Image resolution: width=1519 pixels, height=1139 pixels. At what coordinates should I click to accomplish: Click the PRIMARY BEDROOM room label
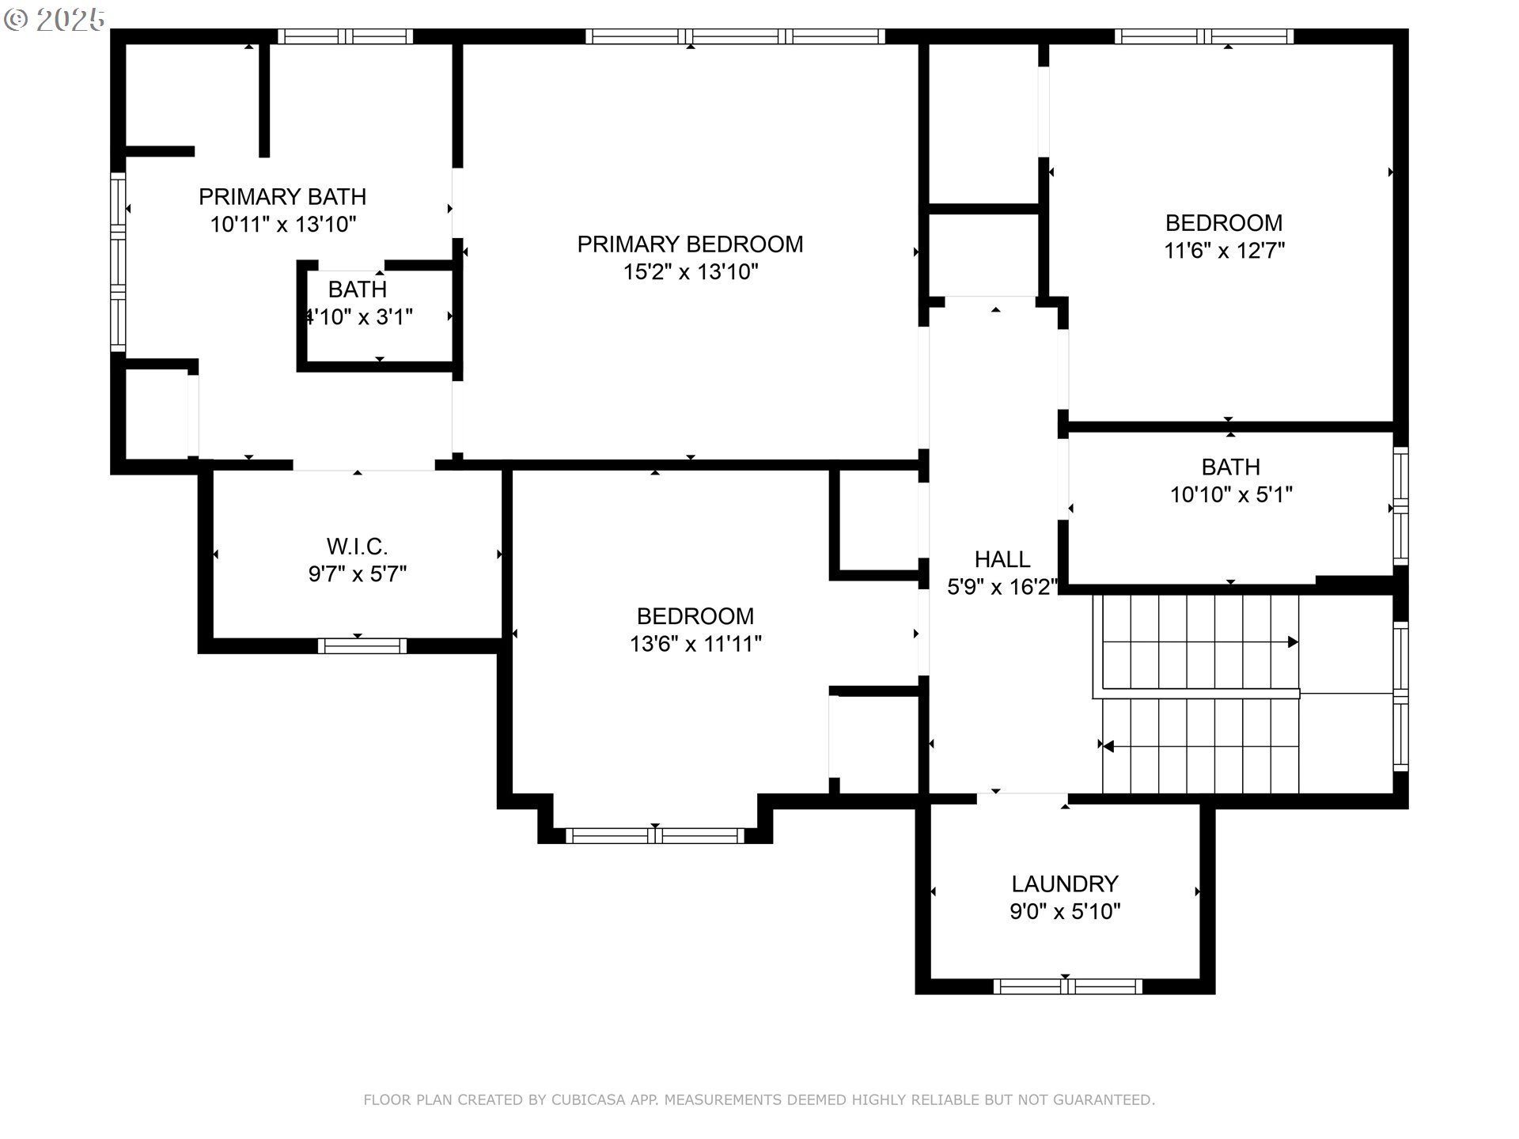pos(690,244)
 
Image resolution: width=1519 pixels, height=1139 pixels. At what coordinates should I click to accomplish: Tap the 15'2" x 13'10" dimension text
pos(691,272)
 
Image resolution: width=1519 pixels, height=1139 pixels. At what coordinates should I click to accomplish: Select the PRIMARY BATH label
pos(282,196)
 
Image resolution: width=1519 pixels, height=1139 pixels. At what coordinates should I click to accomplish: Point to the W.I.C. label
pos(357,547)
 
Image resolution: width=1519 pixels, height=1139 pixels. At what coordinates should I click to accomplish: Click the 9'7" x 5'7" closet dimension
pos(358,574)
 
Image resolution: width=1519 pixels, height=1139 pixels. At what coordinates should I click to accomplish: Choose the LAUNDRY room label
pos(1065,884)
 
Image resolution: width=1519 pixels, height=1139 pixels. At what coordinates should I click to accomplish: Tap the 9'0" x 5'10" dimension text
pos(1065,912)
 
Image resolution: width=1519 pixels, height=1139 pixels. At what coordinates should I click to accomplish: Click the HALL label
pos(1002,559)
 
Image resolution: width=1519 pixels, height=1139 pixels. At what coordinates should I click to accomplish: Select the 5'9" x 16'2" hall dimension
pos(1002,587)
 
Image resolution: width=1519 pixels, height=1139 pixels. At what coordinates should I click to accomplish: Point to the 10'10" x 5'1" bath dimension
pos(1231,495)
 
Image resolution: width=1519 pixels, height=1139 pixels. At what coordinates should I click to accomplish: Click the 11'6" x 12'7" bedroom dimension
pos(1224,251)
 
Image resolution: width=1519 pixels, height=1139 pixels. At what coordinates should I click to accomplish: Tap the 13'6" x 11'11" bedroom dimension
pos(695,644)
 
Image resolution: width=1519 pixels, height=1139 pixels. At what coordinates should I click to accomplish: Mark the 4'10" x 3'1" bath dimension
pos(358,317)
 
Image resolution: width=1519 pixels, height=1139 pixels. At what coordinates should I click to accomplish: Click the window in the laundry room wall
pos(1067,986)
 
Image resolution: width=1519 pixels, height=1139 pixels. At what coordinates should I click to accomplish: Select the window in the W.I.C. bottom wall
pos(362,646)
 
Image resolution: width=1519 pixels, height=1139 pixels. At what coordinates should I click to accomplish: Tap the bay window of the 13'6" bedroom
pos(655,835)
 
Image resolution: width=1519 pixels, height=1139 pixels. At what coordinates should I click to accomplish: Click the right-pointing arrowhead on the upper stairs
pos(1293,642)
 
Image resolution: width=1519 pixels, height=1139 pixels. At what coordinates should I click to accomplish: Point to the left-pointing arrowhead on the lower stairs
pos(1108,746)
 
